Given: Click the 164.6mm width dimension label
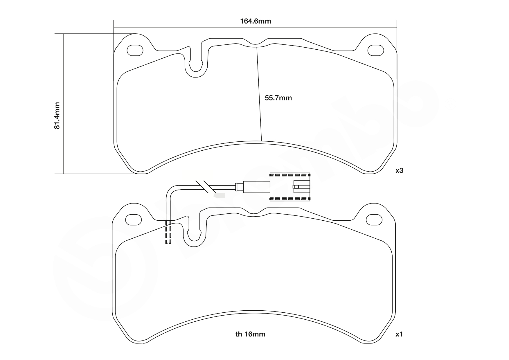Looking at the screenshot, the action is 256,21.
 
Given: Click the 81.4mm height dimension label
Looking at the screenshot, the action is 57,116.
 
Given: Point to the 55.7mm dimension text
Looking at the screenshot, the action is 278,98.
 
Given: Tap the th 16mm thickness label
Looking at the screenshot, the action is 250,334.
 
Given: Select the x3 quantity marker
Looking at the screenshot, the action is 400,171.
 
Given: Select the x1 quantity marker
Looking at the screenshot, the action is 400,334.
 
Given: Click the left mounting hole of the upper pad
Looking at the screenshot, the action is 135,50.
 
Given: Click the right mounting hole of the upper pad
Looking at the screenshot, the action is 376,50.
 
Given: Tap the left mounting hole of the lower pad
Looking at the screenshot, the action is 134,219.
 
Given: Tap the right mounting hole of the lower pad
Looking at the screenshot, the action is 374,219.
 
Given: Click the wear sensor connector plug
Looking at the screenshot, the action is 290,187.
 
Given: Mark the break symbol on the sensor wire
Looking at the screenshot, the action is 206,187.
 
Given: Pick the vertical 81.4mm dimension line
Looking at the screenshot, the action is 63,104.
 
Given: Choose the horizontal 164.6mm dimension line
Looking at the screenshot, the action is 255,28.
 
